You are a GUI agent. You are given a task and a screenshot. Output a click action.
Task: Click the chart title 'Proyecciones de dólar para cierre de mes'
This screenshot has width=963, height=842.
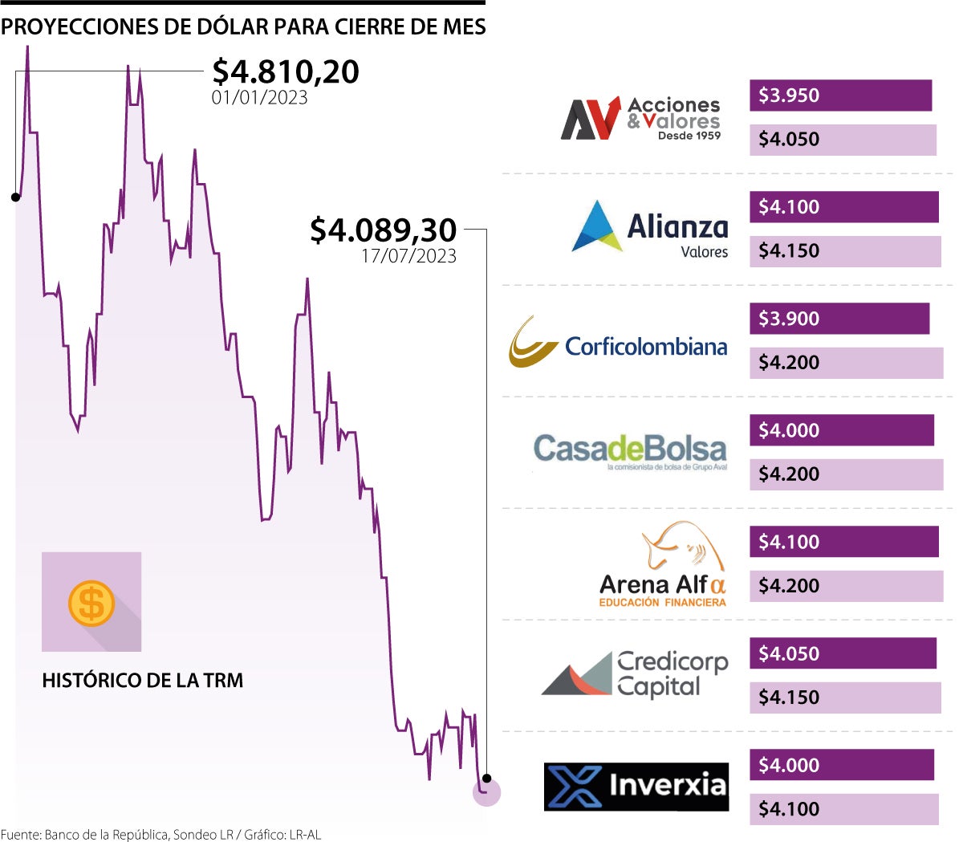[x=243, y=27]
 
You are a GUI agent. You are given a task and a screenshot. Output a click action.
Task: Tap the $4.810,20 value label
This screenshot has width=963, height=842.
[x=286, y=71]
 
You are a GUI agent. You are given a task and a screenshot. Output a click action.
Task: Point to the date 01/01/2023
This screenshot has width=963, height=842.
[x=259, y=98]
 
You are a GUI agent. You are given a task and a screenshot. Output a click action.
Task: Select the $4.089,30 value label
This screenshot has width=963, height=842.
[x=383, y=230]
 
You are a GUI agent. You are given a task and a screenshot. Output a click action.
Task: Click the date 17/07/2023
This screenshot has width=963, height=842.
[x=408, y=256]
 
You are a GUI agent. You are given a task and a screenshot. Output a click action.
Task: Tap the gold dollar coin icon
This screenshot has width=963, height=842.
[x=91, y=603]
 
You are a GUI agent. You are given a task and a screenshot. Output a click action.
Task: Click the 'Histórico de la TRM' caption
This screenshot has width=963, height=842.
[x=142, y=681]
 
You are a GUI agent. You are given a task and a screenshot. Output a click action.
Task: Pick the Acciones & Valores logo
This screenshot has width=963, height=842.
[x=640, y=119]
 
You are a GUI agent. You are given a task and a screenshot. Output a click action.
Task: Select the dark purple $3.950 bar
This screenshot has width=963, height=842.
[x=840, y=96]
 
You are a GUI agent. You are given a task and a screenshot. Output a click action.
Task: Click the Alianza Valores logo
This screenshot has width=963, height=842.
[x=650, y=228]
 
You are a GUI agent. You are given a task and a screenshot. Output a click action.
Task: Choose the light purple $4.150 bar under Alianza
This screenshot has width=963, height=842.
[x=845, y=251]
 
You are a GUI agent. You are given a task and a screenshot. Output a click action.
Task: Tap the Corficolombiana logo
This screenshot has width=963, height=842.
[x=618, y=343]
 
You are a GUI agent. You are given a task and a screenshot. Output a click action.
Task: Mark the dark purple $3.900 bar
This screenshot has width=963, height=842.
[x=839, y=319]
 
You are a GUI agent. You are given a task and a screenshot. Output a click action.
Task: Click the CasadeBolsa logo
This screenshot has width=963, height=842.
[x=630, y=451]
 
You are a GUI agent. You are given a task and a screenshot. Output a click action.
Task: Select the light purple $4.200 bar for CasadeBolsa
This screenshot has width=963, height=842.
[x=847, y=474]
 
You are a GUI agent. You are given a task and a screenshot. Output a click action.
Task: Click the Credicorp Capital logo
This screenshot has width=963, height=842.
[x=635, y=674]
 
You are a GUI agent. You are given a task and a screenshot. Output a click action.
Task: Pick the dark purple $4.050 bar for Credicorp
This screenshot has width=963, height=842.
[x=843, y=653]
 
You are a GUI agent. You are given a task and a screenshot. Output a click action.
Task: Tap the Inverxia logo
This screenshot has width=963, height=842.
[x=636, y=786]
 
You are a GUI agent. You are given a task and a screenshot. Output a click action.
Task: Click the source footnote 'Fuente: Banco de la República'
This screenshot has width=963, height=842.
[x=160, y=835]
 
